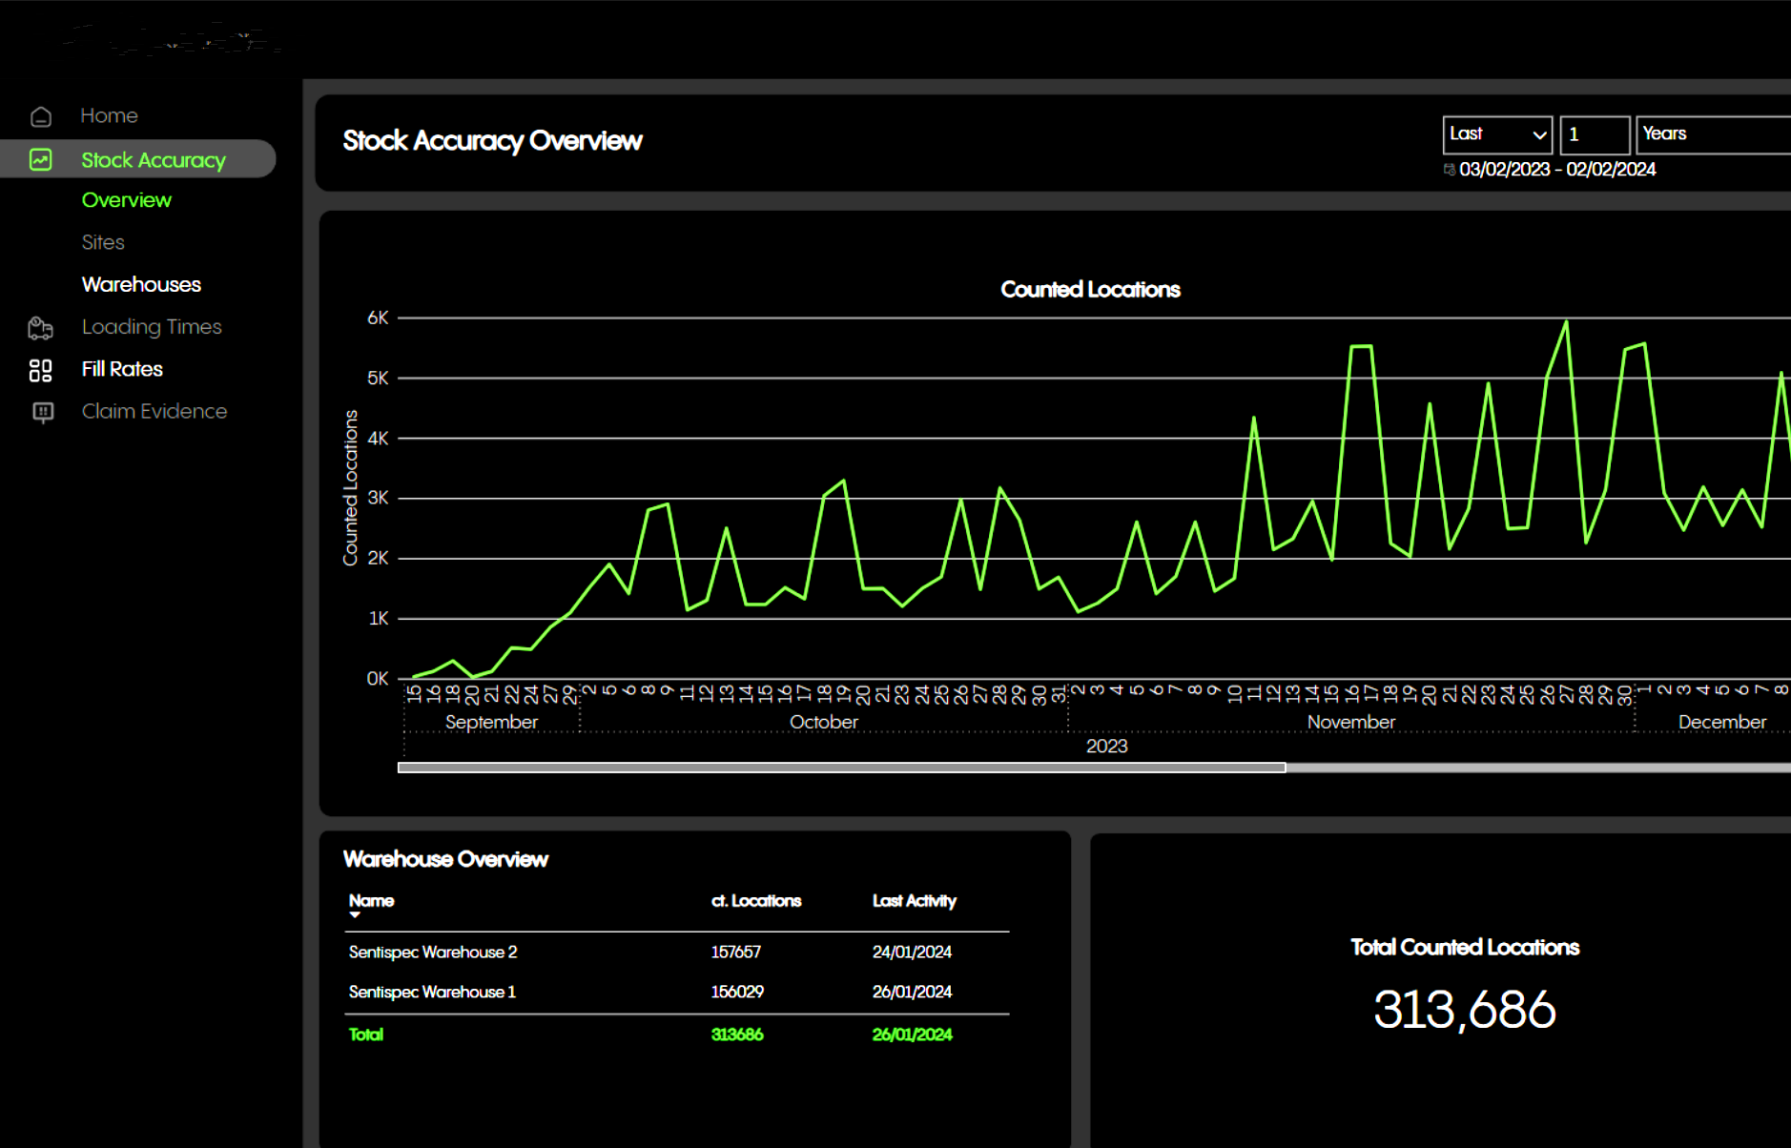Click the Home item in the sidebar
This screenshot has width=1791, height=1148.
coord(109,115)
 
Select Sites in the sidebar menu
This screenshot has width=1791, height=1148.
coord(103,242)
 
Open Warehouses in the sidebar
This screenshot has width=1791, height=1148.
coord(141,284)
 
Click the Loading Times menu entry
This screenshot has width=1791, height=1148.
coord(151,327)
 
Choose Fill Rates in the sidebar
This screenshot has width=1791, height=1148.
coord(122,369)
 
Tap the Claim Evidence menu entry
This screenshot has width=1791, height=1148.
coord(154,411)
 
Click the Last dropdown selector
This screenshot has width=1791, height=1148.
coord(1497,134)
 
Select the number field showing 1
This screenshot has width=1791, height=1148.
coord(1594,134)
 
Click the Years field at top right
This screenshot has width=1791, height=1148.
coord(1712,134)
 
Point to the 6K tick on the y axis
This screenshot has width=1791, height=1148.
coord(378,318)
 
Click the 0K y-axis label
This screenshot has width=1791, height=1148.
coord(378,679)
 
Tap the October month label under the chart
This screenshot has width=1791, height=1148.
coord(823,723)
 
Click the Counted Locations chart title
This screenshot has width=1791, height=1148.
coord(1090,290)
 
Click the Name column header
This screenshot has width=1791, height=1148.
coord(371,901)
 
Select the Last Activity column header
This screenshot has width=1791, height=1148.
coord(914,901)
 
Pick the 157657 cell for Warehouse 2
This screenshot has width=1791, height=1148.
coord(735,952)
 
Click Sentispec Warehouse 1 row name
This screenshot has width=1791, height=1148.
coord(432,992)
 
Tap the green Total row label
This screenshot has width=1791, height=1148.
coord(365,1035)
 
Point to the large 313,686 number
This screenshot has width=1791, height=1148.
coord(1464,1010)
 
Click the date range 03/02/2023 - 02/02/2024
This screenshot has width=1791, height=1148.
coord(1556,170)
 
